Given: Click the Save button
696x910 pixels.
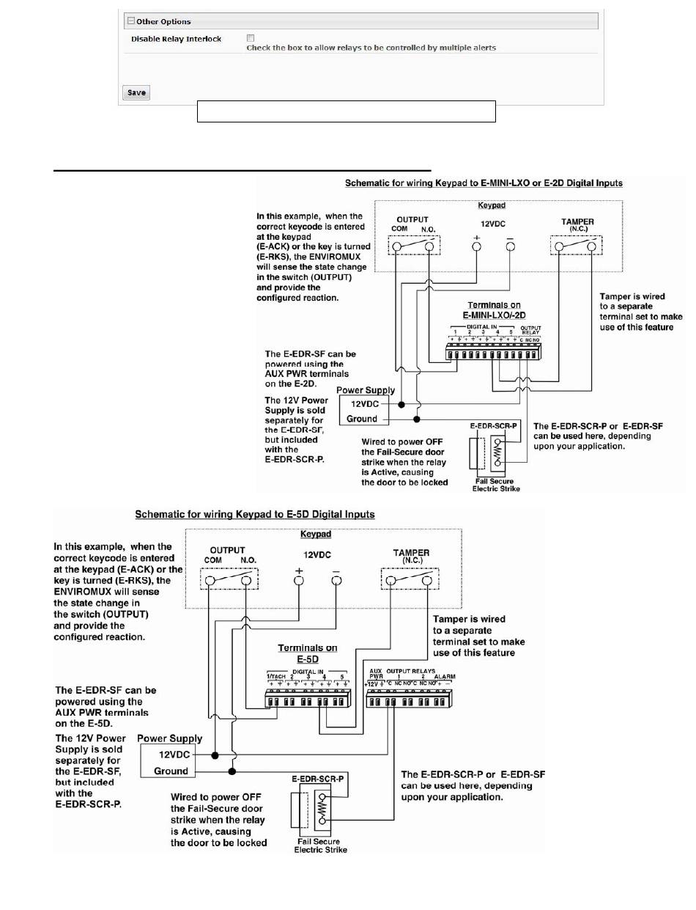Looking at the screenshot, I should coord(136,92).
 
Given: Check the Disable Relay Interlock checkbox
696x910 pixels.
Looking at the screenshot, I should coord(251,38).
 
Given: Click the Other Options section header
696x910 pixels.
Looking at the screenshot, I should coord(163,22).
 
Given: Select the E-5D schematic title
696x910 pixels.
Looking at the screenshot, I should coord(255,515).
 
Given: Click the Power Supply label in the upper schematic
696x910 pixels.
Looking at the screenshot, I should coord(366,390).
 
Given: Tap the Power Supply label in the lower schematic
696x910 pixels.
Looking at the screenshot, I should coord(169,738).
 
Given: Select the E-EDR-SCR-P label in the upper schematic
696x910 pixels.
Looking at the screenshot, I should coord(494,425).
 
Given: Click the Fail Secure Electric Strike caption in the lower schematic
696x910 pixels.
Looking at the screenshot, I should coord(320,845).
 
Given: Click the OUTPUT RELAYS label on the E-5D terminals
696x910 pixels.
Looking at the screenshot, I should coord(411,671).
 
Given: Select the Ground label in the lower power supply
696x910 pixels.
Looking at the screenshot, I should coord(171,771).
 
